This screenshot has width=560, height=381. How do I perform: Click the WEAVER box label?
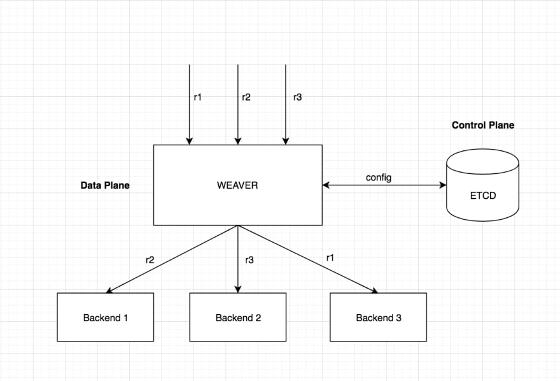pyautogui.click(x=237, y=185)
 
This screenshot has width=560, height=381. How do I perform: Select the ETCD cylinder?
pyautogui.click(x=482, y=185)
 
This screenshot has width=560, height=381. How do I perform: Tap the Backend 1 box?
pyautogui.click(x=106, y=317)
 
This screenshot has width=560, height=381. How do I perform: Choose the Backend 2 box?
pyautogui.click(x=238, y=317)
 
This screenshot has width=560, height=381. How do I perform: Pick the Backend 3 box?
pyautogui.click(x=378, y=317)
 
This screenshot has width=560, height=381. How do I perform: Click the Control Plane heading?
pyautogui.click(x=483, y=125)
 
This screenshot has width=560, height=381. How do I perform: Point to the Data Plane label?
pyautogui.click(x=105, y=185)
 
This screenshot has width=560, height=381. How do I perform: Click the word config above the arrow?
pyautogui.click(x=379, y=178)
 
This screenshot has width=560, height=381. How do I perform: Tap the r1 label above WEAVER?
pyautogui.click(x=197, y=97)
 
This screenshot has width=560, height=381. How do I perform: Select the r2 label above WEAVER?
pyautogui.click(x=246, y=97)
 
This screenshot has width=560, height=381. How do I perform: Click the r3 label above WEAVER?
pyautogui.click(x=298, y=97)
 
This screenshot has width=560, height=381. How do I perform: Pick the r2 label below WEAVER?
pyautogui.click(x=150, y=260)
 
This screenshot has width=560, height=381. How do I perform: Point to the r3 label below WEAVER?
pyautogui.click(x=249, y=260)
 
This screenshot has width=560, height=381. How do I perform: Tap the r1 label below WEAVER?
pyautogui.click(x=330, y=257)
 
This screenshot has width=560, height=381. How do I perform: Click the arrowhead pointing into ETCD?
pyautogui.click(x=443, y=185)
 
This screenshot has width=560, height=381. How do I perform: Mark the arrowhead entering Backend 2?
pyautogui.click(x=238, y=289)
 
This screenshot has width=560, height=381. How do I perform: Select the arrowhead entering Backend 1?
pyautogui.click(x=109, y=291)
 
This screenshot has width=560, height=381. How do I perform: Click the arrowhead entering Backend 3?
pyautogui.click(x=375, y=291)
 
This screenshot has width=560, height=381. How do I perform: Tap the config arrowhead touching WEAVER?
pyautogui.click(x=326, y=185)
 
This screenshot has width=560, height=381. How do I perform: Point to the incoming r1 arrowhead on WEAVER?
pyautogui.click(x=189, y=141)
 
